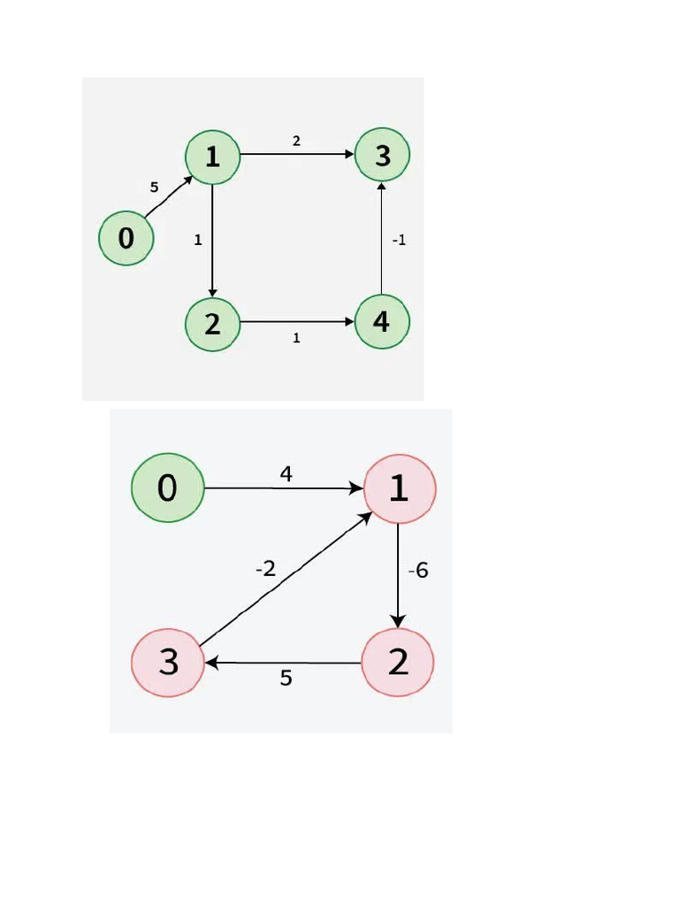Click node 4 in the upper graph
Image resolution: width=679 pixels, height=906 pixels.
(382, 322)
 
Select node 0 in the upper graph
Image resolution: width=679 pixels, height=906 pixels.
(126, 238)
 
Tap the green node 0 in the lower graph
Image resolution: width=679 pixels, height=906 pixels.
(167, 488)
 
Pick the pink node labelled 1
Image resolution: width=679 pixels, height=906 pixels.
(399, 488)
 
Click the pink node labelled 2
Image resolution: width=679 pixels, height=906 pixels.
(398, 662)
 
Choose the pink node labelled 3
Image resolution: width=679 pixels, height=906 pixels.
(168, 663)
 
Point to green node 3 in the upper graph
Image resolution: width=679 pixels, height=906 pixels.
(382, 156)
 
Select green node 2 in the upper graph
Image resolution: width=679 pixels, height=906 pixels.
(212, 324)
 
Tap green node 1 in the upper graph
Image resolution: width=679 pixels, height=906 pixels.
(212, 157)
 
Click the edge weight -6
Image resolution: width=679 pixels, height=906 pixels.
(418, 571)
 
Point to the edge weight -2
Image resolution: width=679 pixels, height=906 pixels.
(265, 570)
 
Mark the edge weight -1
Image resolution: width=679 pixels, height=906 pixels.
(399, 240)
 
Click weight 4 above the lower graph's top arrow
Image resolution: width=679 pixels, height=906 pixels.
(286, 475)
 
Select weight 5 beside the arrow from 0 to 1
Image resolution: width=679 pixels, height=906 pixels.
(154, 188)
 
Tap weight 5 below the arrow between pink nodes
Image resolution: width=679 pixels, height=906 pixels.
(286, 679)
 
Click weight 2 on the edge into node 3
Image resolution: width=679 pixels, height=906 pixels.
(296, 141)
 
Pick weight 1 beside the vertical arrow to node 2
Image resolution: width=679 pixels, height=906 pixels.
(197, 240)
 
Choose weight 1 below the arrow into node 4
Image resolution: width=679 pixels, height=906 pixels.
(296, 338)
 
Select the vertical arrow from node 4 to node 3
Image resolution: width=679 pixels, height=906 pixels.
(381, 239)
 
